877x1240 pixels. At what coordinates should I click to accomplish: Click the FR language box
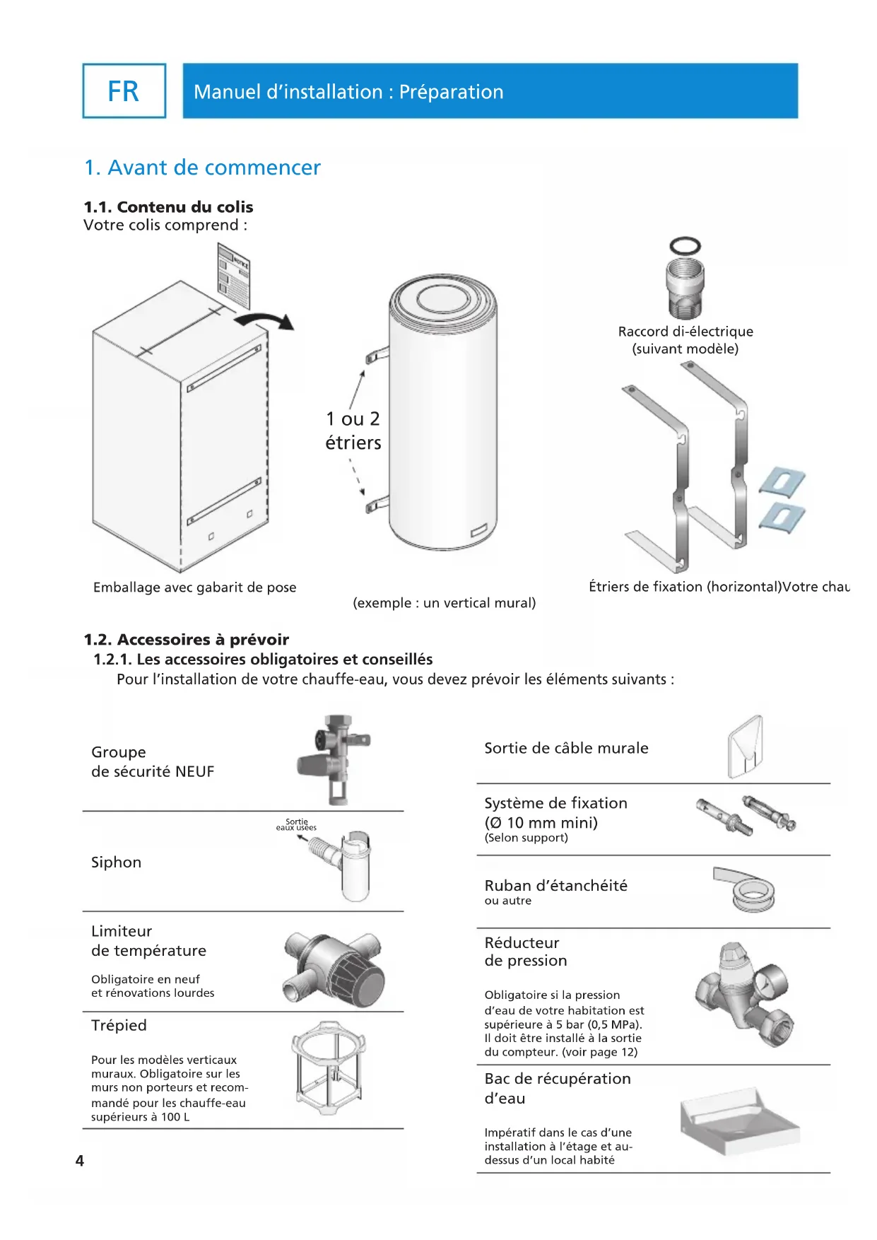pyautogui.click(x=124, y=91)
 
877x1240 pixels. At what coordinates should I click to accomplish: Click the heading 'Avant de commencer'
pyautogui.click(x=202, y=168)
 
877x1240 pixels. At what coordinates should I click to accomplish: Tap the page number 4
pyautogui.click(x=80, y=1161)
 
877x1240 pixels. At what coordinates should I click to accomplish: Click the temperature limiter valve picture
pyautogui.click(x=334, y=968)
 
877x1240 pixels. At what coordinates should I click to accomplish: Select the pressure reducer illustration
pyautogui.click(x=742, y=993)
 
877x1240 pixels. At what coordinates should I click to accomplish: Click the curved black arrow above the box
pyautogui.click(x=265, y=320)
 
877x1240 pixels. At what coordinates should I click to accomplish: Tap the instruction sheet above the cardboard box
pyautogui.click(x=233, y=274)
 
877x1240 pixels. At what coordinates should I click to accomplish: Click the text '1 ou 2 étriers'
pyautogui.click(x=353, y=431)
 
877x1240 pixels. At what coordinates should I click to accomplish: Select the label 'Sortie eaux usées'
pyautogui.click(x=296, y=824)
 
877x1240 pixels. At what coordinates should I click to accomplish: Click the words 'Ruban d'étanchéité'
pyautogui.click(x=555, y=886)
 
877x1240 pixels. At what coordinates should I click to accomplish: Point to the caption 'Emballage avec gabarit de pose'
pyautogui.click(x=194, y=587)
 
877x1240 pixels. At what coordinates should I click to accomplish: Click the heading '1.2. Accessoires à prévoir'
pyautogui.click(x=187, y=640)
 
